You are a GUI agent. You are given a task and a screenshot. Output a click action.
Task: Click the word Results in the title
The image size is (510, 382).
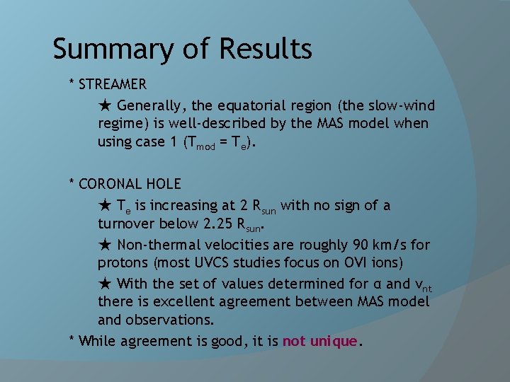tap(266, 48)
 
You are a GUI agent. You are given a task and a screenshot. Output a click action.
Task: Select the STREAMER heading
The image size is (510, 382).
tap(113, 84)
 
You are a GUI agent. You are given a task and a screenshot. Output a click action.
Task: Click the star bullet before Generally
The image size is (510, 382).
tap(105, 105)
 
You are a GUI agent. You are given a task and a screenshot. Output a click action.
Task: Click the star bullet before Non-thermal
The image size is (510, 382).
tap(105, 245)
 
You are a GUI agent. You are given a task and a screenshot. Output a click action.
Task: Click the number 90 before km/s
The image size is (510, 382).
tap(360, 245)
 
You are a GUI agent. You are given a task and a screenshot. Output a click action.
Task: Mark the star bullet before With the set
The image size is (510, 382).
tap(105, 284)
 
